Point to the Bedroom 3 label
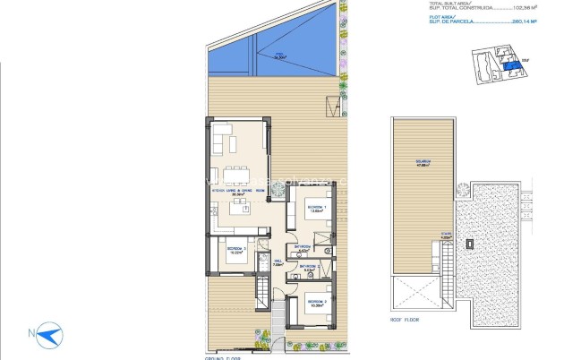pos(235,250)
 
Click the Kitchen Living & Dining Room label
pos(237,192)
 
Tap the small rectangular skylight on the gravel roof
pos(471,242)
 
